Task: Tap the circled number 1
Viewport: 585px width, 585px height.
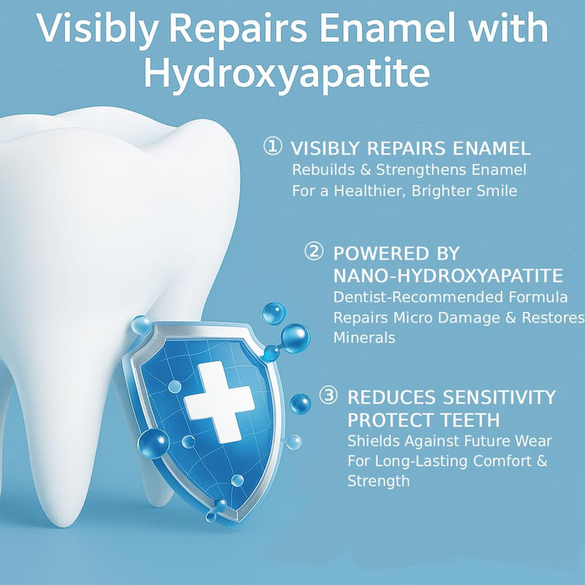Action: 271,147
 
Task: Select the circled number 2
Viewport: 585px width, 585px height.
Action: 313,252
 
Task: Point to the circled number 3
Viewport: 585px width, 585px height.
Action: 328,396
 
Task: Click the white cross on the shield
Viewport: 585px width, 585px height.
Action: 219,403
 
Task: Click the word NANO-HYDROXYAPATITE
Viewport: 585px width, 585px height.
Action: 448,276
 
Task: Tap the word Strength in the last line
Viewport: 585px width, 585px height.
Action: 378,481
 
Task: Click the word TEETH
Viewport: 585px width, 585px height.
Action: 465,420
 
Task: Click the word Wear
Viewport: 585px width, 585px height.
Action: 532,441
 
